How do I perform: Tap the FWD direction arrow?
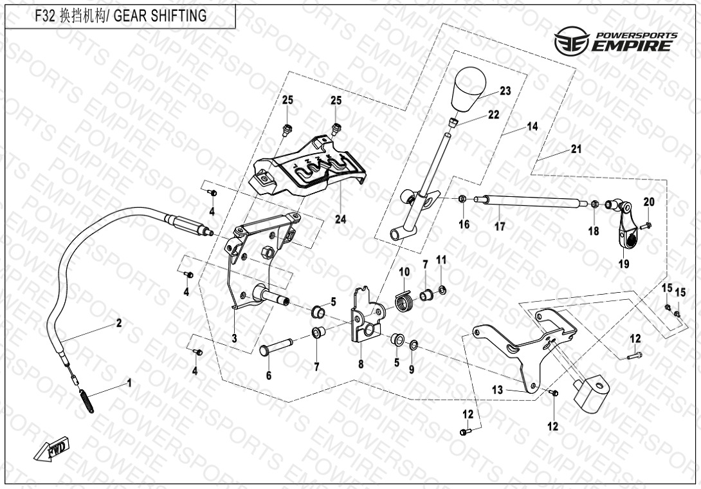coord(51,448)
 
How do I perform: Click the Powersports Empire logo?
coord(615,40)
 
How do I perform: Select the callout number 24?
coord(340,219)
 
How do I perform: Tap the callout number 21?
coord(576,149)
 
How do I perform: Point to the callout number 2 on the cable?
coord(119,323)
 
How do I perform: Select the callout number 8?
coord(361,364)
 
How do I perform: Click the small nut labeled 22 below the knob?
coord(453,122)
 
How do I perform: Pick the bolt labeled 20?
coord(647,225)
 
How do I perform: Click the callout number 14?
coord(532,127)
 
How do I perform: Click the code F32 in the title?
coord(44,16)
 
